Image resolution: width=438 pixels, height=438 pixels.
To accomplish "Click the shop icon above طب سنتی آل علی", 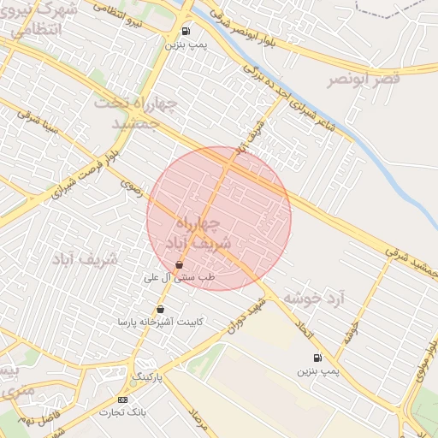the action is (178, 265).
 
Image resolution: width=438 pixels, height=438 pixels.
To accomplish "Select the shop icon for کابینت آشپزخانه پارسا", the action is (160, 310).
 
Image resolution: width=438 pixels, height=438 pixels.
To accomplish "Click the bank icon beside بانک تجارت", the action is (122, 400).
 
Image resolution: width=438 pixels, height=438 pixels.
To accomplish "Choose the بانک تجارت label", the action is (123, 412).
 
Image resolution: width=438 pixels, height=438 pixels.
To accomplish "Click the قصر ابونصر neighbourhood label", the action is (363, 80).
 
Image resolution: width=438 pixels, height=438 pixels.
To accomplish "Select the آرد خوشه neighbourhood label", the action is (314, 298).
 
